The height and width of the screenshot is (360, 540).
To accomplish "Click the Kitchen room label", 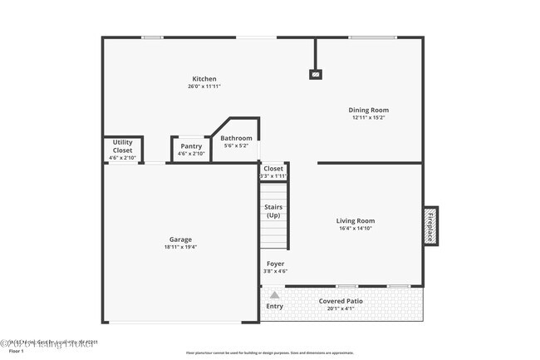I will click(x=204, y=79).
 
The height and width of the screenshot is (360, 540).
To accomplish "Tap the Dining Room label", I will click(x=369, y=110).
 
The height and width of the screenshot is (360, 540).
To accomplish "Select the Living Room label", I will click(x=355, y=220).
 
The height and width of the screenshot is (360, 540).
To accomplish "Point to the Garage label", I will click(x=180, y=239).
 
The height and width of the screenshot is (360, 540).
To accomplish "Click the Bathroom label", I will click(x=236, y=138).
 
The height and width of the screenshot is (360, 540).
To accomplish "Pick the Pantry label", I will click(x=191, y=146).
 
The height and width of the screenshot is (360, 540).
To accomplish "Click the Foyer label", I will click(x=275, y=264).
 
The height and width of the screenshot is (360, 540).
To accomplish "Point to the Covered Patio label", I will click(x=341, y=301).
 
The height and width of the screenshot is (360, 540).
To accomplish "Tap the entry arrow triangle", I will click(x=274, y=293).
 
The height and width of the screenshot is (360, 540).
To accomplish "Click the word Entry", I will click(x=274, y=306).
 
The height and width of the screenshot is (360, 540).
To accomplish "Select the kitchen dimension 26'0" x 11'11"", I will click(x=204, y=86).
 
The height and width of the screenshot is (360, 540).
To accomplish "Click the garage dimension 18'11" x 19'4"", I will click(x=180, y=247).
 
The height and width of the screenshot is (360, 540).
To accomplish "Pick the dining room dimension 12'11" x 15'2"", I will click(x=369, y=117).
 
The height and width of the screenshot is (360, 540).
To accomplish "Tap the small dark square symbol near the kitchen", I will click(x=315, y=74).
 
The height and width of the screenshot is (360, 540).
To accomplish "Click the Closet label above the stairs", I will click(x=273, y=169).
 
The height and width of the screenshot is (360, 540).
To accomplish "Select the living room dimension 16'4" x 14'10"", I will click(x=355, y=228).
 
